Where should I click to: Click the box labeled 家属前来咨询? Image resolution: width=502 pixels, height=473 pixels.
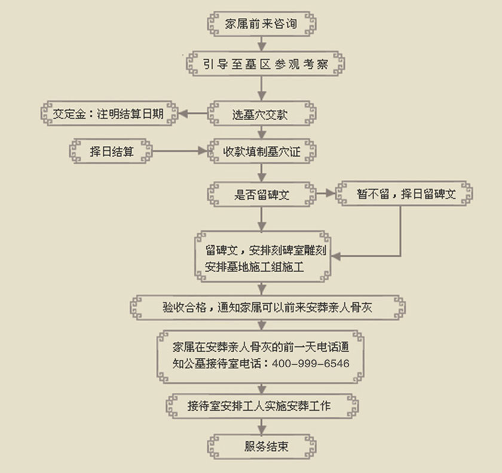point(261,25)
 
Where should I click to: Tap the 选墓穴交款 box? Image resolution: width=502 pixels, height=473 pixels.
point(261,113)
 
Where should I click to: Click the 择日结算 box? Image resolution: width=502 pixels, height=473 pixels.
point(111,151)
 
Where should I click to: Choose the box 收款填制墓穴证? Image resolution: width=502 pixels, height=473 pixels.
point(261,151)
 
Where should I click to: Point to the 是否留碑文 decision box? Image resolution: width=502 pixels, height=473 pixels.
point(261,194)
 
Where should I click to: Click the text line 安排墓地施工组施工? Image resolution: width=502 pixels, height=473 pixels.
point(255,267)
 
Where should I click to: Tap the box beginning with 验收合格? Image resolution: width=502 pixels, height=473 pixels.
point(266,307)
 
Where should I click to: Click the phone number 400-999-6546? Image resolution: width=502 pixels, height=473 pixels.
point(310,364)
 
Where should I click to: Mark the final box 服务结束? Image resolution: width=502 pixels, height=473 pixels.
point(261,446)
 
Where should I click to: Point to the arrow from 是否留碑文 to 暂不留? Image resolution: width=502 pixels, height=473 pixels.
point(324,194)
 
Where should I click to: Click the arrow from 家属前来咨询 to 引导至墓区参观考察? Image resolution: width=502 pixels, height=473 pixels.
point(261,44)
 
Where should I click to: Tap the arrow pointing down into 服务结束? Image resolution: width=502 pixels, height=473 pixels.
point(261,426)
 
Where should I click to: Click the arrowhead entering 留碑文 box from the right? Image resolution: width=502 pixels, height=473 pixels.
point(336,257)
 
